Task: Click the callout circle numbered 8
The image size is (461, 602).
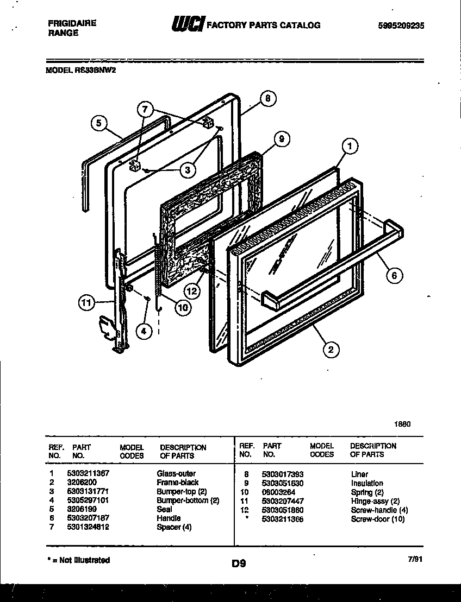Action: pos(267,98)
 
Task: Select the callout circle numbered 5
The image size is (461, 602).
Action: pos(98,124)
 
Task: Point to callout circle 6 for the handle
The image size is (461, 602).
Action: pos(395,276)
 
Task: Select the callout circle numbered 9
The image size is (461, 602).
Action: pos(281,138)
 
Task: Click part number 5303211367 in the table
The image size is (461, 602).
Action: pos(88,473)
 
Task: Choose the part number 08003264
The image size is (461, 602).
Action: pos(278,492)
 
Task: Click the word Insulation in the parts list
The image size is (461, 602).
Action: pos(366,483)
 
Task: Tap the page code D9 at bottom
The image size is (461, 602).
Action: pos(239,563)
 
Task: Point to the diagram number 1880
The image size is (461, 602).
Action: pos(401,424)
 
